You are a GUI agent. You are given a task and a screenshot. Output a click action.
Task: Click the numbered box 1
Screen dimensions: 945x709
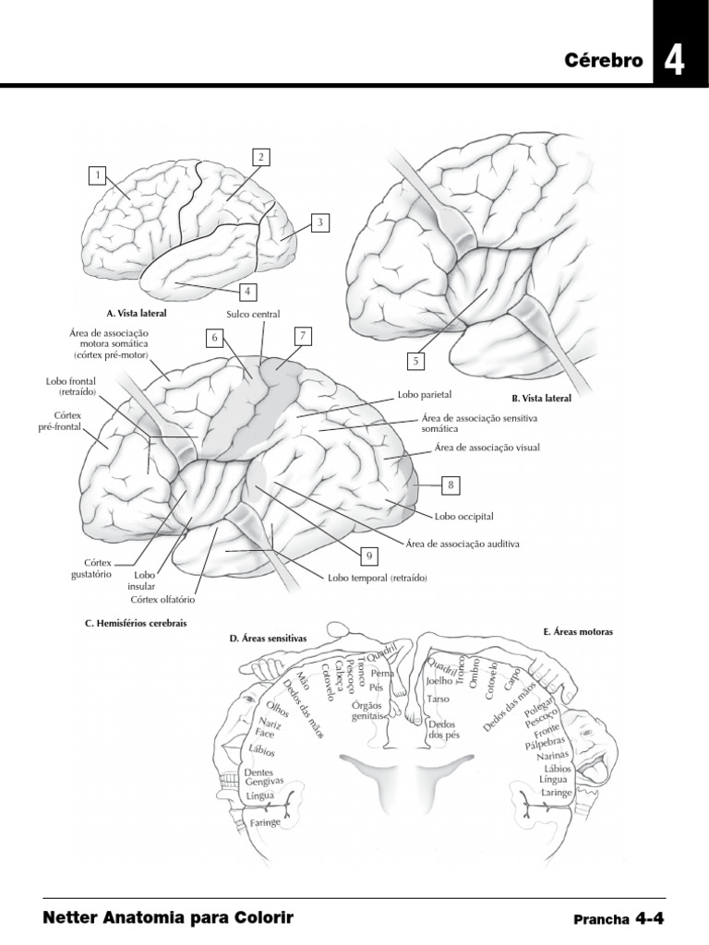[97, 174]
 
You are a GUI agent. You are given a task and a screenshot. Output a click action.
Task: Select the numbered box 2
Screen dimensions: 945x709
[261, 157]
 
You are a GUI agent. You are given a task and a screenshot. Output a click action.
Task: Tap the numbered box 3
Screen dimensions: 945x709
[318, 222]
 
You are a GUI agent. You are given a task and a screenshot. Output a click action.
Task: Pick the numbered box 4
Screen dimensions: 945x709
[246, 291]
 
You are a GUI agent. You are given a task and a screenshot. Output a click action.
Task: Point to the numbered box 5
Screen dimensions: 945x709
[416, 361]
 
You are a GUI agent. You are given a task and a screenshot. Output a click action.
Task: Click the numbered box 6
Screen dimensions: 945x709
[214, 338]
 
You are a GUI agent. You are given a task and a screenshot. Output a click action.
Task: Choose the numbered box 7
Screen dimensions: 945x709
[301, 336]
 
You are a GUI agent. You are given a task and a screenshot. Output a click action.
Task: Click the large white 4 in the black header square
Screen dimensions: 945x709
[674, 61]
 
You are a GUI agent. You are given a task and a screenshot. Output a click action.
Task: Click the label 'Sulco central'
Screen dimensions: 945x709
[252, 315]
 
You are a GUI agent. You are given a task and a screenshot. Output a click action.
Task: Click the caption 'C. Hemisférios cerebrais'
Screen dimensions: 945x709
[136, 623]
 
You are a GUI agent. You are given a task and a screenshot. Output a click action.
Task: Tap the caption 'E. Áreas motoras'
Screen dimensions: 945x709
[579, 632]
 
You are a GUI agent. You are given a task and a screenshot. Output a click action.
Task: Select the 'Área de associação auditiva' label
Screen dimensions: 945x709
[463, 544]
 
